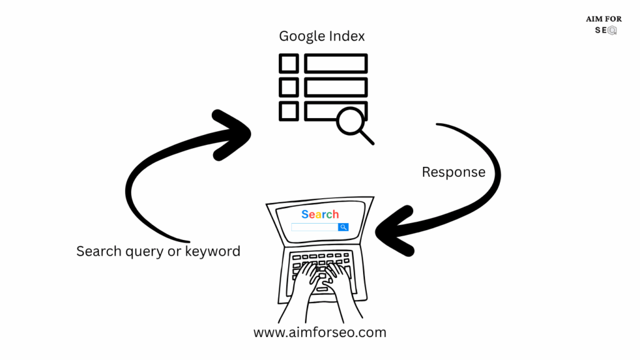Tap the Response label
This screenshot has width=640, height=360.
click(x=453, y=172)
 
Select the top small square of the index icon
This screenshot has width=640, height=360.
click(x=289, y=64)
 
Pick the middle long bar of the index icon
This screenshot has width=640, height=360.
click(x=336, y=87)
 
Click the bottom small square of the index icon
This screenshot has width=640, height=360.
click(x=289, y=111)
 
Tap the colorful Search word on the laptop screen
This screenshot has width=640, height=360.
click(x=320, y=214)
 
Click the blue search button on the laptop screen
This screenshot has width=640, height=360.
click(x=343, y=227)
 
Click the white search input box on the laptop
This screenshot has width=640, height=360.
click(x=314, y=227)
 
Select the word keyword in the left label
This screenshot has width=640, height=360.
click(x=213, y=251)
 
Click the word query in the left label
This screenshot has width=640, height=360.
click(x=144, y=251)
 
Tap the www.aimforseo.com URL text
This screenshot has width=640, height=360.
click(x=319, y=332)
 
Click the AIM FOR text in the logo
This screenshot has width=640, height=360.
click(x=604, y=19)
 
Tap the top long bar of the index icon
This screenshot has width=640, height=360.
click(x=336, y=64)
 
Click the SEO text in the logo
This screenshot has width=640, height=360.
click(x=604, y=30)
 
